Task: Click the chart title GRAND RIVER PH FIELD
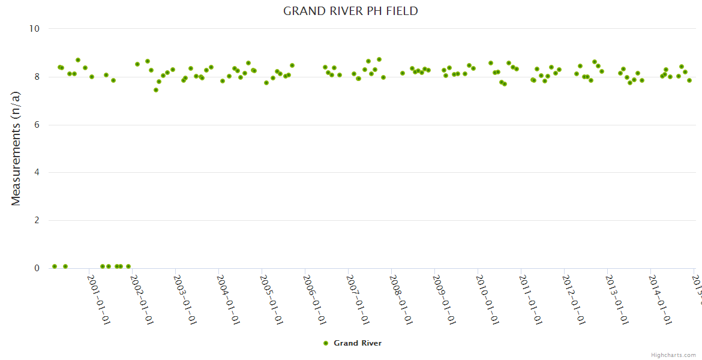coord(350,11)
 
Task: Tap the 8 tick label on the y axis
coord(37,77)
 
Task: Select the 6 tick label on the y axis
coord(37,125)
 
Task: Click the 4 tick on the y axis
coord(37,173)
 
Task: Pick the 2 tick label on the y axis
coord(37,220)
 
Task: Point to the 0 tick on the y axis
coord(37,268)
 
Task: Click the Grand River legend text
coord(358,343)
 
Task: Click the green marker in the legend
coord(326,343)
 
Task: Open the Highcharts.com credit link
coord(673,355)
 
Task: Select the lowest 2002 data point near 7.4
coord(156,90)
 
